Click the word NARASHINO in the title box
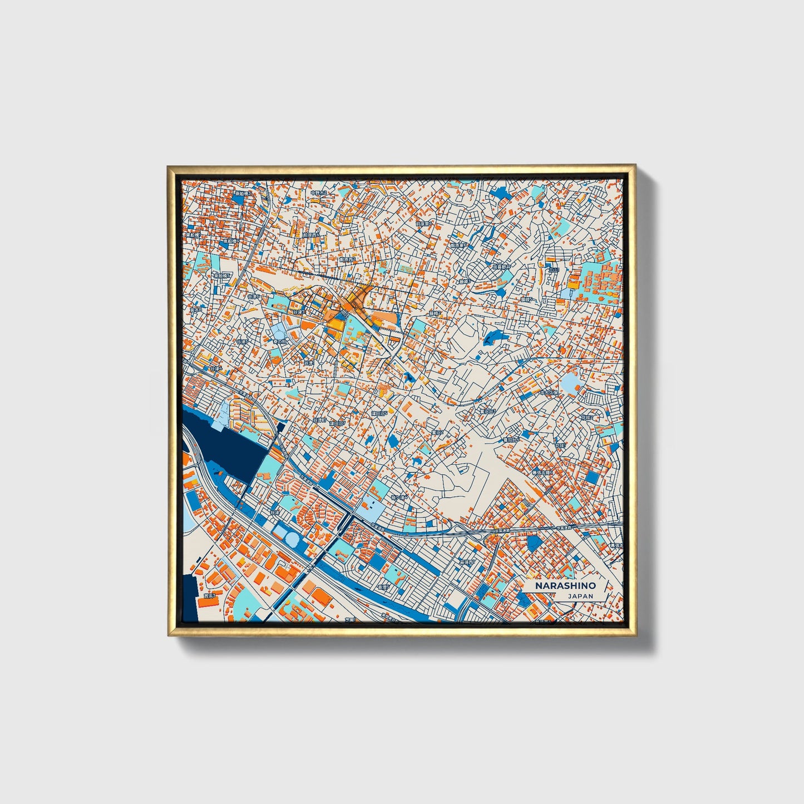tap(565, 586)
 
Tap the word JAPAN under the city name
tap(580, 596)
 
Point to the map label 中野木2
tap(319, 193)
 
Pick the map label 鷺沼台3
tap(487, 412)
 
